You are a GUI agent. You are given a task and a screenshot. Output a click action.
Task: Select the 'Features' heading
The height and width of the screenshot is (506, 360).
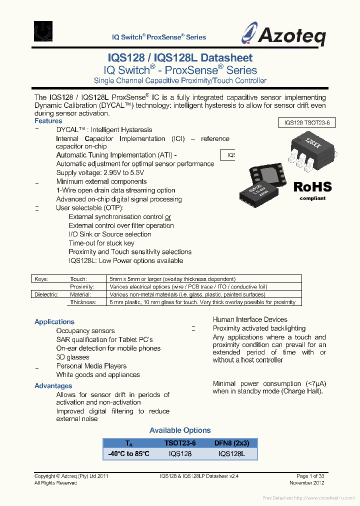click(48, 121)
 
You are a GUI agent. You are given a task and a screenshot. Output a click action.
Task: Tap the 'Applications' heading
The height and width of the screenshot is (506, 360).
click(54, 322)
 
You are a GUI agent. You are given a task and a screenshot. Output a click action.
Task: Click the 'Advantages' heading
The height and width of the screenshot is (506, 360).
click(53, 386)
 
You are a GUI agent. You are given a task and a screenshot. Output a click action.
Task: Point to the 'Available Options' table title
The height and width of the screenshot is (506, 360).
click(180, 430)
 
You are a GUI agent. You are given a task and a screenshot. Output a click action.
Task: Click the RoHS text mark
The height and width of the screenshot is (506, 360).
click(312, 187)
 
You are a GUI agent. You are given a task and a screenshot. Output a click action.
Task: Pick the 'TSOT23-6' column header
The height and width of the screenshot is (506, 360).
click(180, 443)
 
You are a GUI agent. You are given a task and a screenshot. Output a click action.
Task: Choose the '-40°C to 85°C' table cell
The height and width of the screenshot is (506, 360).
click(128, 454)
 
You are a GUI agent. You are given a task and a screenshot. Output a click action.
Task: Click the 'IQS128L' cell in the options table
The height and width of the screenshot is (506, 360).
click(231, 454)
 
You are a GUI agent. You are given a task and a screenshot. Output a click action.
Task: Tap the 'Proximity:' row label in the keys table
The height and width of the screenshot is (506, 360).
click(82, 287)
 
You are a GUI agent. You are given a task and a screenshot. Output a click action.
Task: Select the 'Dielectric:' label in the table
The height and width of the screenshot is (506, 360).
click(46, 294)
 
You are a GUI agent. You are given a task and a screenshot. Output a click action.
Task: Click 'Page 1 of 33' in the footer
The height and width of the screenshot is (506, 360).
click(310, 476)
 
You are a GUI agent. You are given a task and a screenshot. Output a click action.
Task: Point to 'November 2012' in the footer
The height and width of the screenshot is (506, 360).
click(307, 483)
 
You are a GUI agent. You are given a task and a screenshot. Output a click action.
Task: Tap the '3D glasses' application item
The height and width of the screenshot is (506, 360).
click(73, 357)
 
